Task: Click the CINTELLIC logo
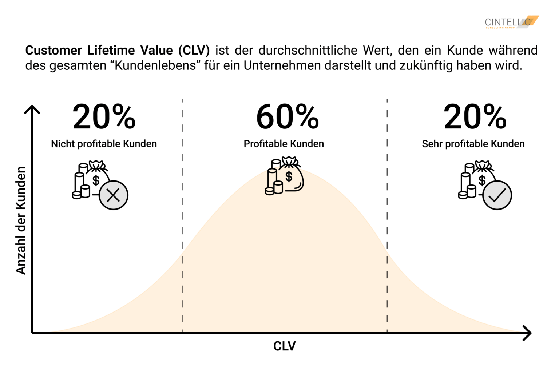pyautogui.click(x=511, y=22)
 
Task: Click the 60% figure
pyautogui.click(x=288, y=117)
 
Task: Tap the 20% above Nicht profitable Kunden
pyautogui.click(x=104, y=117)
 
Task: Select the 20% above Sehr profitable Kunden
pyautogui.click(x=475, y=117)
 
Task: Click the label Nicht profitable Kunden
pyautogui.click(x=104, y=144)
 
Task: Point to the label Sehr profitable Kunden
pyautogui.click(x=473, y=144)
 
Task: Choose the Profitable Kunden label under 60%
pyautogui.click(x=284, y=144)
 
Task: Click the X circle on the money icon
pyautogui.click(x=114, y=195)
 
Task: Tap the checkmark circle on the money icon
pyautogui.click(x=497, y=195)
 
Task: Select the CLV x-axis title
pyautogui.click(x=284, y=346)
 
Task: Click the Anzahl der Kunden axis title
pyautogui.click(x=21, y=220)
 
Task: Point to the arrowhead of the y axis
pyautogui.click(x=32, y=108)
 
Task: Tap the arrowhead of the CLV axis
pyautogui.click(x=528, y=333)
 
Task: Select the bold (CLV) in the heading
pyautogui.click(x=194, y=50)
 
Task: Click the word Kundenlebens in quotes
pyautogui.click(x=155, y=65)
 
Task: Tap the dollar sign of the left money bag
pyautogui.click(x=96, y=180)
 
